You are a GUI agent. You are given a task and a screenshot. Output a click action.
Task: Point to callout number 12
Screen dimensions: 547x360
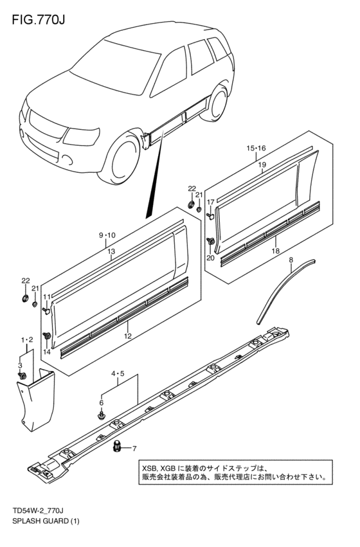coord(128,336)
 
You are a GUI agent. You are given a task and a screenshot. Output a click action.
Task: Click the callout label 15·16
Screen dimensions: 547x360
coord(256,148)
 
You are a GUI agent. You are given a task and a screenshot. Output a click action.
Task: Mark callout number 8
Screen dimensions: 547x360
coord(291,260)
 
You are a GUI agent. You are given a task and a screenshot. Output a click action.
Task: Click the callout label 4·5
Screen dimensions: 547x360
coord(118,373)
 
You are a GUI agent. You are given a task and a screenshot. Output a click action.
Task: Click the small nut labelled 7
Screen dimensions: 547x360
coord(118,447)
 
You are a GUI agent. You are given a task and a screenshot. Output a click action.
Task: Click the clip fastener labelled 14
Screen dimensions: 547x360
coord(47,336)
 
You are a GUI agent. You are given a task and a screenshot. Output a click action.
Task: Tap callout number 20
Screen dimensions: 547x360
coord(210,258)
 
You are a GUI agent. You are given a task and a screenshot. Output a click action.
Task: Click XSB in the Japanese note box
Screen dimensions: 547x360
coord(150,469)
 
